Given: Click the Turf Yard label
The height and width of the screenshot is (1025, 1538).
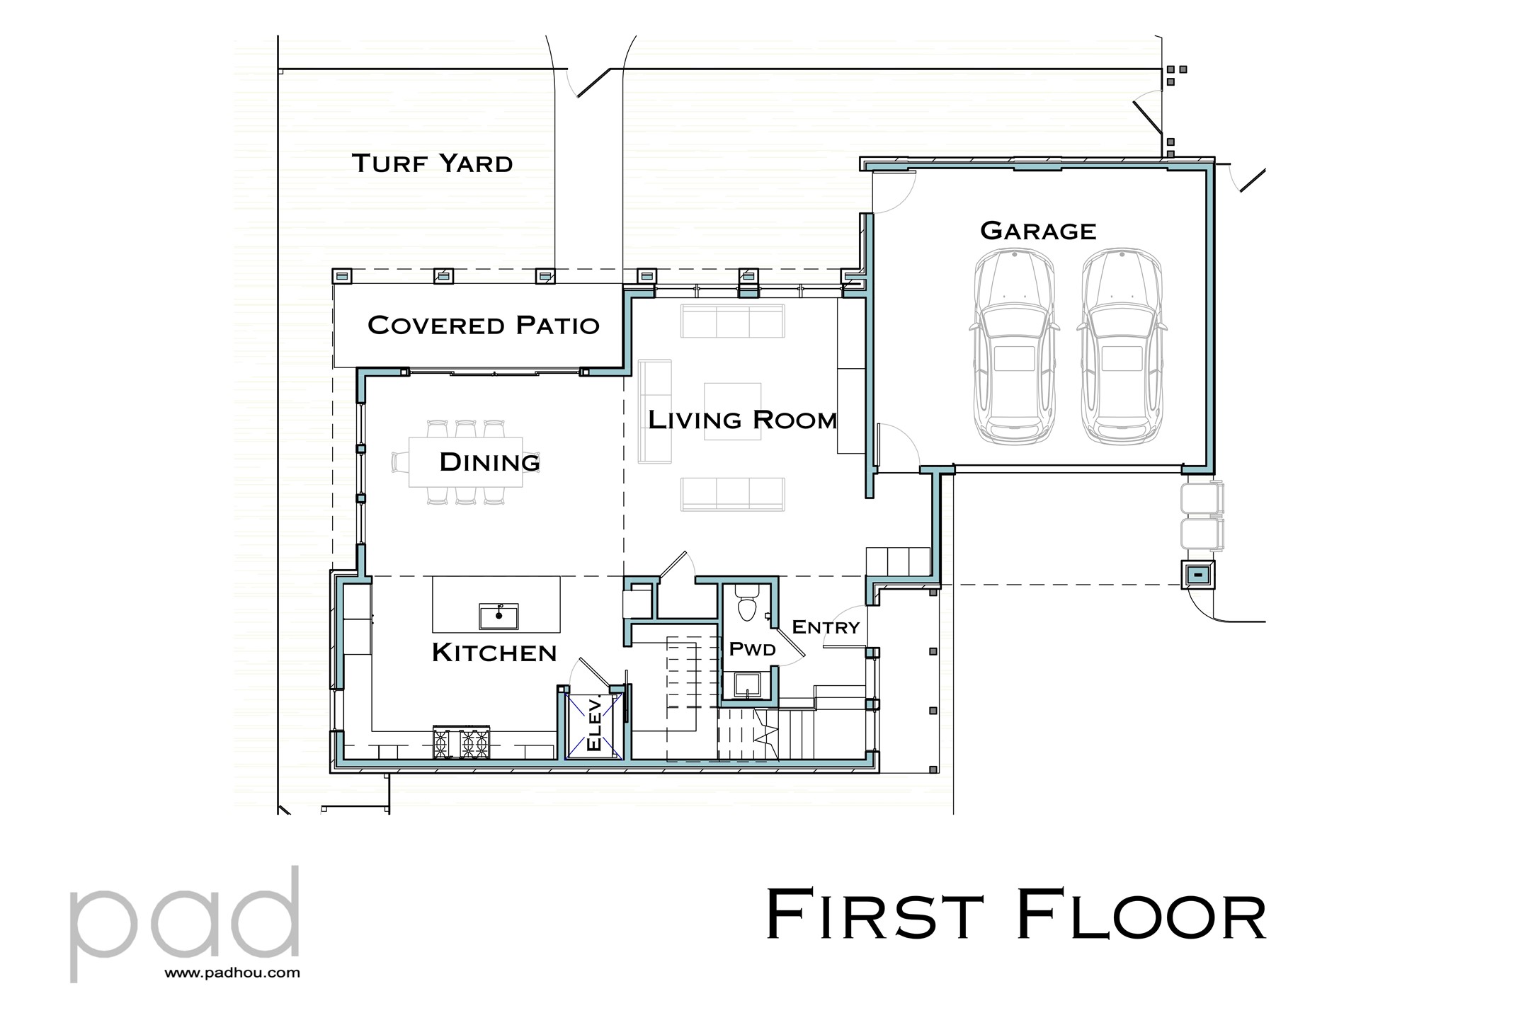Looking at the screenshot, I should (x=432, y=164).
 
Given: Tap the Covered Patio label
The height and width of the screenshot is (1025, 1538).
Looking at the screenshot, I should (x=483, y=325).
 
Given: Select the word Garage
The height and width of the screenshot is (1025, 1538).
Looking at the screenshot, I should (x=1037, y=231).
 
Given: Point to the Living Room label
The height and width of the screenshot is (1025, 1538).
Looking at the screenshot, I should (x=742, y=420).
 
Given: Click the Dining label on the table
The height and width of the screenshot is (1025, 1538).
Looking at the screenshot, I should (x=489, y=462).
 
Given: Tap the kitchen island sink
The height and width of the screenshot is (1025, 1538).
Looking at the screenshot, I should (x=499, y=616).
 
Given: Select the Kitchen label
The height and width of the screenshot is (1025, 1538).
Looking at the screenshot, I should (x=494, y=653).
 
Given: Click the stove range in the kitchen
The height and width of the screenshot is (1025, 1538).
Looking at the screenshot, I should (x=462, y=743).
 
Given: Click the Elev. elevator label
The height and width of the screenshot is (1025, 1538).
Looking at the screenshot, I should (x=595, y=723).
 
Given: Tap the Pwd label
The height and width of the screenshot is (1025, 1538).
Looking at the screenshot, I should (x=751, y=649).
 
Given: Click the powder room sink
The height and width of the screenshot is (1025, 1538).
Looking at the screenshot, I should (x=748, y=685).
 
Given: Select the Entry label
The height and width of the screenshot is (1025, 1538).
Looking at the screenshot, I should (x=825, y=627).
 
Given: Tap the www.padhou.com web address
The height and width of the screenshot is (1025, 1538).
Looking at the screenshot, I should (x=232, y=973).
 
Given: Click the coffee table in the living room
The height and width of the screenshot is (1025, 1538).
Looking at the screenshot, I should (x=732, y=411).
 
